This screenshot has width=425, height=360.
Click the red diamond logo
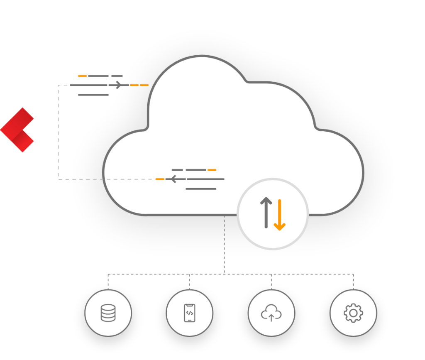pos(17,130)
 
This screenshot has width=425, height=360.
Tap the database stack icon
pos(108,313)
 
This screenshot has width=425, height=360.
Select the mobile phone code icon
pos(189,313)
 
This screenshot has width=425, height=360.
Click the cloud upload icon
pos(271,313)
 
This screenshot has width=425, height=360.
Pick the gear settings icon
pos(353,313)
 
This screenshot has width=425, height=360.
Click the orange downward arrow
pos(280,215)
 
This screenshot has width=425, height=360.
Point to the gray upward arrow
pos(266,212)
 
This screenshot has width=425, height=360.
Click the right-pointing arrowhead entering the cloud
pos(120,85)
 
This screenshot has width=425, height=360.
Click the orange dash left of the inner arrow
pos(160,179)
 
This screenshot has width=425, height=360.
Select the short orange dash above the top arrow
pos(82,76)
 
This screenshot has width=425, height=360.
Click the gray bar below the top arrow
pos(93,95)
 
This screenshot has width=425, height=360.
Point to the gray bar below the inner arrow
pos(201,189)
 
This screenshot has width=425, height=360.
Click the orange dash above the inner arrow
pos(212,170)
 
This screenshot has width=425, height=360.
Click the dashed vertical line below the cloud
pos(224,245)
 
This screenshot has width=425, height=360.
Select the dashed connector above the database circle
pos(108,281)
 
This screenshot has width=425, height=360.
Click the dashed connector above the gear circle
pos(353,281)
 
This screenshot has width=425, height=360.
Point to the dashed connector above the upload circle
pos(271,281)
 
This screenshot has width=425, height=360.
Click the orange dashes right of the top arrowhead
pos(139,85)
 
